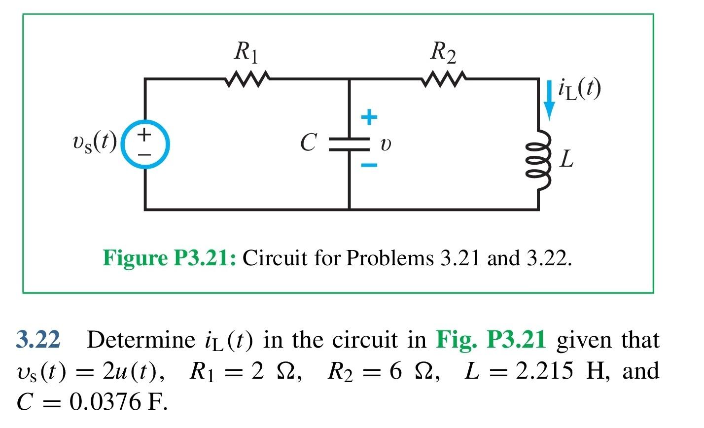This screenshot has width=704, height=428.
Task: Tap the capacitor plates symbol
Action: coord(349,143)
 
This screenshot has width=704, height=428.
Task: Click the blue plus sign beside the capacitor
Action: coord(369,117)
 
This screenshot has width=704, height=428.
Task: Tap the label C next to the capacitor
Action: coord(308,143)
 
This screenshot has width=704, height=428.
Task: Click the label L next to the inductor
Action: coord(566,159)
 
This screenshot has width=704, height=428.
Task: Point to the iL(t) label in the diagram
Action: coord(579,89)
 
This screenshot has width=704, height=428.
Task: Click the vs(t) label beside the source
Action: coord(94,143)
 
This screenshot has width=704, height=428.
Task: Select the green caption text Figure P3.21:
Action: coord(169,258)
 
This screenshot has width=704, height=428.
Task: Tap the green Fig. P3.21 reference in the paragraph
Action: coord(491,340)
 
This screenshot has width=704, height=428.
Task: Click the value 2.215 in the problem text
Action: coord(544,371)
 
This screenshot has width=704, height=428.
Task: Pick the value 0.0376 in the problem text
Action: coord(100,402)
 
